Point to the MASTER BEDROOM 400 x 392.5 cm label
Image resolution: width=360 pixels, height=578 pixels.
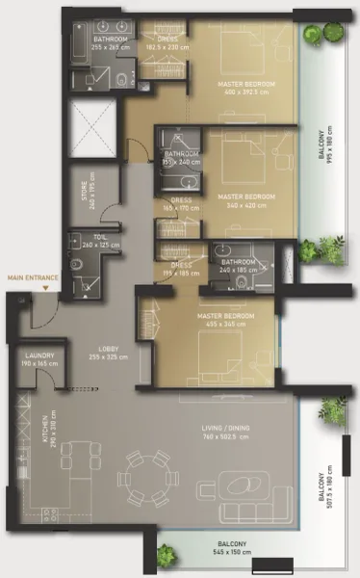point(247,87)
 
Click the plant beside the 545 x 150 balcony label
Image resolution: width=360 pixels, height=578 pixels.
point(166,554)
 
